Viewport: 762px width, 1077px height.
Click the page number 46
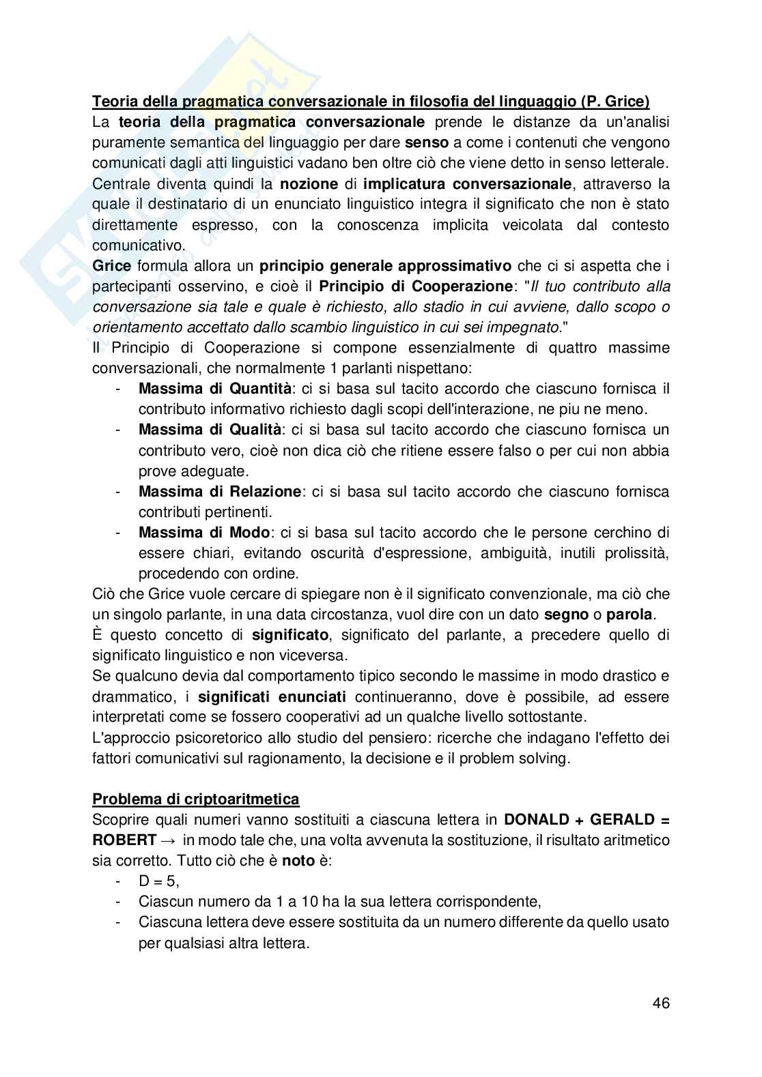click(x=660, y=1003)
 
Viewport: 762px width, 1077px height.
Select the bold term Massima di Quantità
click(x=215, y=389)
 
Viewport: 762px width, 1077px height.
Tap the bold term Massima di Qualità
click(x=210, y=430)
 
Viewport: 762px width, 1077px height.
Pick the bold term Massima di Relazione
click(x=219, y=491)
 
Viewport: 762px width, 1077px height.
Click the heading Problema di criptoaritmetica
click(x=196, y=799)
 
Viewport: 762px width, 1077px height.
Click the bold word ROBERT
click(x=124, y=840)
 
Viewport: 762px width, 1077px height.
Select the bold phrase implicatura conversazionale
click(x=468, y=184)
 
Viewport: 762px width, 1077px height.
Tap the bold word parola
click(x=629, y=614)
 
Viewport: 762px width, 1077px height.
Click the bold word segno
click(x=565, y=614)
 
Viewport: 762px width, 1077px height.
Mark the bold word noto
click(x=298, y=860)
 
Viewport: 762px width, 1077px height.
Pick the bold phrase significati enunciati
click(x=272, y=696)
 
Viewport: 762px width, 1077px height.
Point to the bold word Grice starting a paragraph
click(x=112, y=265)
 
